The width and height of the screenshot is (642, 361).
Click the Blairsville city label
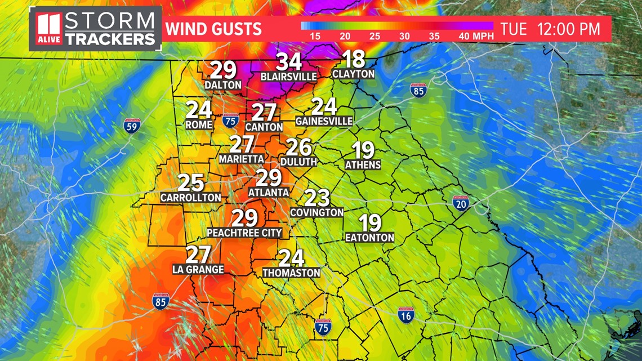click(x=288, y=76)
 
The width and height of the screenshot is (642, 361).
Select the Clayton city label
click(x=353, y=74)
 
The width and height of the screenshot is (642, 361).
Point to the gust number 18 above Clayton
click(x=353, y=59)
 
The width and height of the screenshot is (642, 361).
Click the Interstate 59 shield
click(x=132, y=126)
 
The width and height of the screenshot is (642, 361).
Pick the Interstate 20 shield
click(x=461, y=203)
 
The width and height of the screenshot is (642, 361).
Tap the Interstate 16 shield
click(x=405, y=315)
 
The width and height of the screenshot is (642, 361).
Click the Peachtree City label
click(x=244, y=233)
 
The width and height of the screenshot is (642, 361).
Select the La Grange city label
click(x=198, y=270)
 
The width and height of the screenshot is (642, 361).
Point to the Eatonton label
click(x=369, y=238)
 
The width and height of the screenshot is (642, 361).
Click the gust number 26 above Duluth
click(x=298, y=148)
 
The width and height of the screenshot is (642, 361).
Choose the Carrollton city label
click(x=190, y=198)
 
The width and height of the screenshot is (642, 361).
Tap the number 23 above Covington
click(x=316, y=198)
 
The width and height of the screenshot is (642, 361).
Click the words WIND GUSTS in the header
click(x=213, y=29)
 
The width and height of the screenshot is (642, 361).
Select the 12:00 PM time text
click(x=569, y=29)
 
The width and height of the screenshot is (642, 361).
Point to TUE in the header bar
click(x=514, y=29)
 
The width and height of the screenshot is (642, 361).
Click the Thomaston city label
click(x=291, y=273)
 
